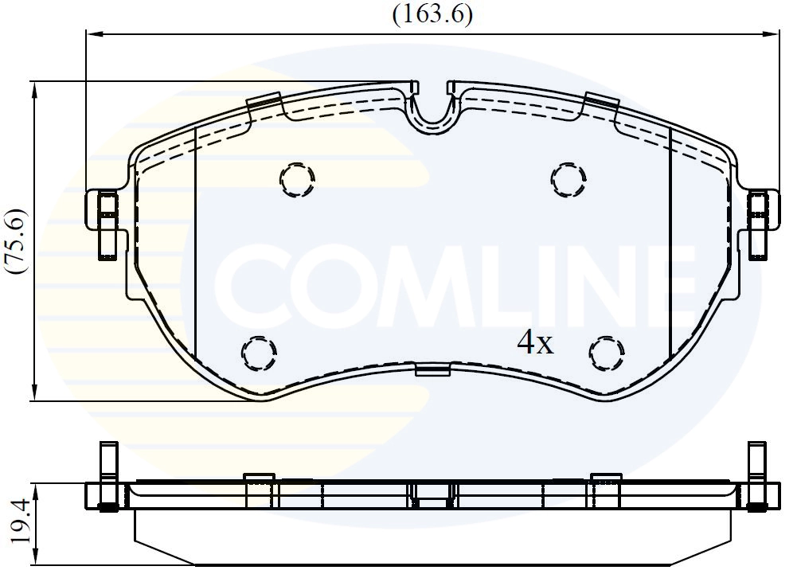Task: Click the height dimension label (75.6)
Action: tap(17, 242)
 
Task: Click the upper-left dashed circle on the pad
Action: tap(298, 180)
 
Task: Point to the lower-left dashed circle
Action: tap(259, 353)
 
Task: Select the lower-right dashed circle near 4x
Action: tap(607, 352)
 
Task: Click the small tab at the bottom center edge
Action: tap(432, 369)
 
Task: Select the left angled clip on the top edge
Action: tap(265, 103)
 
